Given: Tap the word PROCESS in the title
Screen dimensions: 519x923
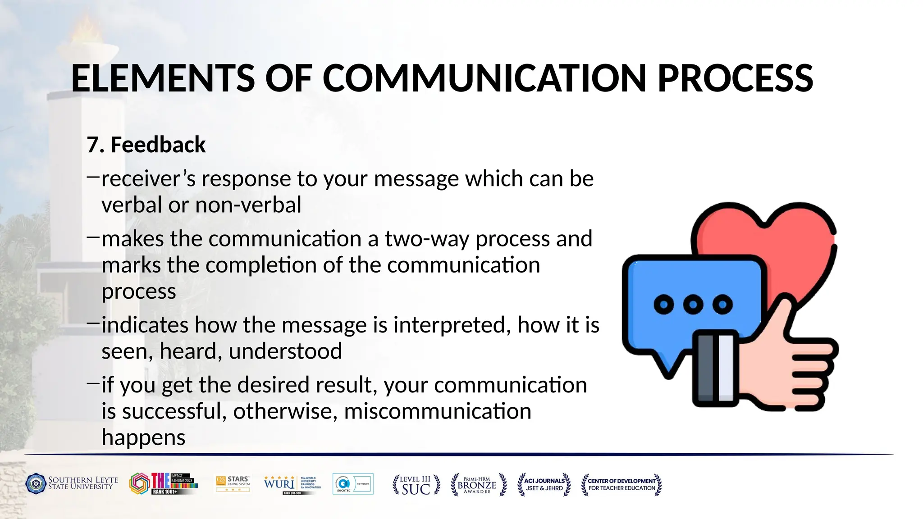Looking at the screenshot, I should click(735, 78).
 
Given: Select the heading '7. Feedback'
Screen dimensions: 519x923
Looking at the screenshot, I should click(146, 145).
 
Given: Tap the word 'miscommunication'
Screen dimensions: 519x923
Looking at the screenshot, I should click(437, 411).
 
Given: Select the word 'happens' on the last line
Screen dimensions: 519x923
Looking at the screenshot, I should click(143, 437).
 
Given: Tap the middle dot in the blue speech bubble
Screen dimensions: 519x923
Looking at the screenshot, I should click(693, 305).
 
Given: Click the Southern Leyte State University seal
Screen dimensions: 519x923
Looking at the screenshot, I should click(36, 484).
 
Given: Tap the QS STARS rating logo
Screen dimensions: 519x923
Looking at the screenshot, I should click(233, 484).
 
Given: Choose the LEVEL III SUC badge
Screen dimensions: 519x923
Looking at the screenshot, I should click(416, 485).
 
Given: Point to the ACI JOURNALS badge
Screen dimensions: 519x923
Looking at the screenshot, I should click(544, 485).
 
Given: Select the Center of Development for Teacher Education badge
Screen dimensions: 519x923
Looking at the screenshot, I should click(621, 485).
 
